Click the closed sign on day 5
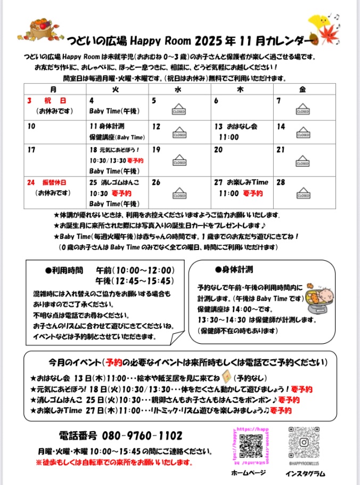click(178, 111)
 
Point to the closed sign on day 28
click(302, 193)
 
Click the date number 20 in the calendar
click(218, 150)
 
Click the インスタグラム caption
click(305, 474)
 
